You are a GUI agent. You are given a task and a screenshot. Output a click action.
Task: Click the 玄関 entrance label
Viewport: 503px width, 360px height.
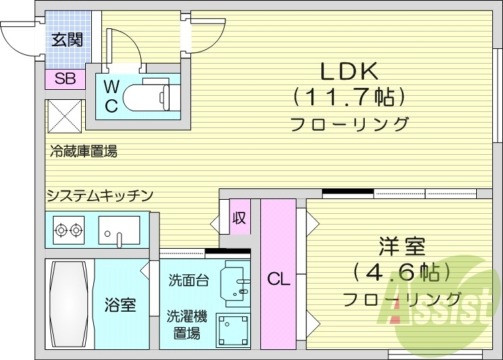(66, 40)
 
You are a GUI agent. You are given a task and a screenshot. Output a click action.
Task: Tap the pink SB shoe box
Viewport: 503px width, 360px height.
(65, 79)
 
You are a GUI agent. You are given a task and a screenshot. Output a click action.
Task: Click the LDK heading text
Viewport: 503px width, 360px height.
(349, 70)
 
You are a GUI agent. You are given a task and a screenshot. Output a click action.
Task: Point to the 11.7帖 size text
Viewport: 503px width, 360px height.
(349, 98)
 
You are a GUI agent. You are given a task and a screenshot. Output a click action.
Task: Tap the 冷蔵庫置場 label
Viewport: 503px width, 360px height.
(83, 152)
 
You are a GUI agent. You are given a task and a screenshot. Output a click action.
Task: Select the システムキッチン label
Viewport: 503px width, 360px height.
(100, 196)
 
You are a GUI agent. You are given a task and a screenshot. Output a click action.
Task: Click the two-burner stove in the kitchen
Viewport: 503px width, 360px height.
(68, 230)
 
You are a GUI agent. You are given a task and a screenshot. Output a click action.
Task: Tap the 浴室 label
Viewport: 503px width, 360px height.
(120, 306)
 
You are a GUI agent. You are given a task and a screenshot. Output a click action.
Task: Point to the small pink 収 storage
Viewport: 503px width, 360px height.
(239, 219)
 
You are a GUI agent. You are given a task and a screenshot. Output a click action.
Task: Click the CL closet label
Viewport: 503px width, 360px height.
(278, 280)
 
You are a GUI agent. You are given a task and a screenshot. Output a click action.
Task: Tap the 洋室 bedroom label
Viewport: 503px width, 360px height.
(400, 247)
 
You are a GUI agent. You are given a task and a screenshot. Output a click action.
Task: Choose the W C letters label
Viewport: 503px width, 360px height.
(111, 95)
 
